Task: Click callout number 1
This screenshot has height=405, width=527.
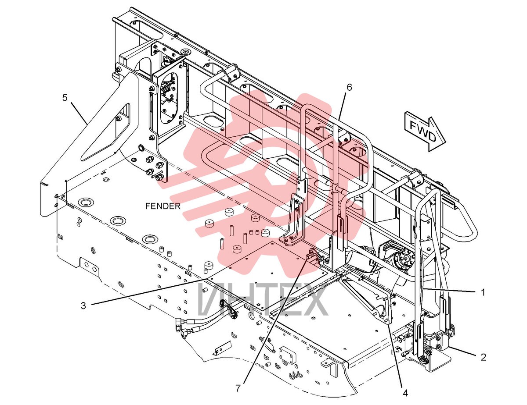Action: (x=483, y=292)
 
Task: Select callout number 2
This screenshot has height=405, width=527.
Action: (x=484, y=357)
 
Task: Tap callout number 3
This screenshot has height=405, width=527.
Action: (x=83, y=306)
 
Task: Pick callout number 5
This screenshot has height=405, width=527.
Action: (x=65, y=98)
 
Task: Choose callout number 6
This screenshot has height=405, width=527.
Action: (x=349, y=87)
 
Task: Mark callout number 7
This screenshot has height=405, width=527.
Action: (x=238, y=388)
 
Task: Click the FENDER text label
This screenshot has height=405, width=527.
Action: (x=163, y=206)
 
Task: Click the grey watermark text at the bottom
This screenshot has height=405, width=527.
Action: (x=263, y=300)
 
